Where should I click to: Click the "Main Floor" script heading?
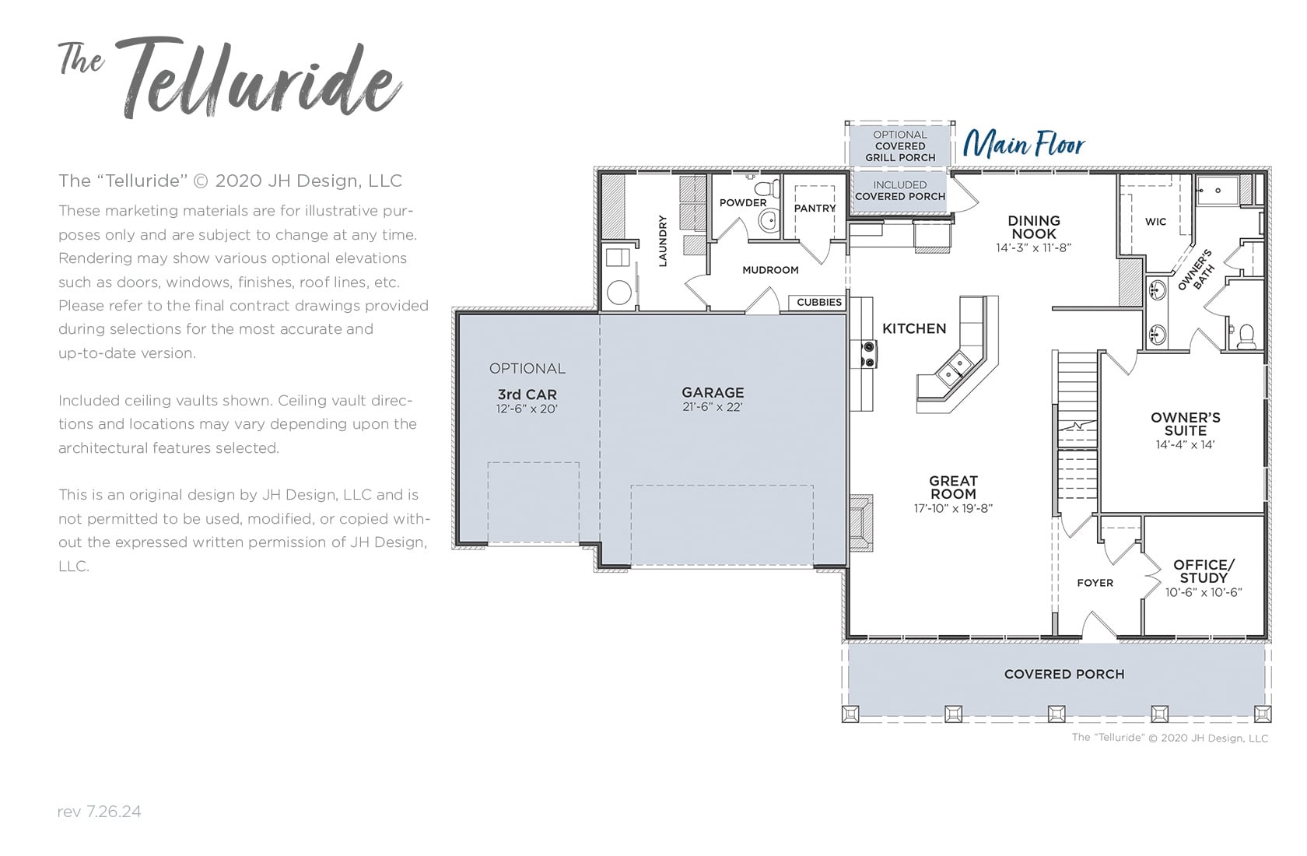[x=1024, y=143]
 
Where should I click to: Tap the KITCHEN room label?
[x=914, y=328]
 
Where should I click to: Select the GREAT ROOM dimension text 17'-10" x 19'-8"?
[x=954, y=508]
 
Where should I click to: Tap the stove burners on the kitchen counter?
[x=868, y=354]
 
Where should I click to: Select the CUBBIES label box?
[x=819, y=302]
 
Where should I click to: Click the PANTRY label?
[x=815, y=209]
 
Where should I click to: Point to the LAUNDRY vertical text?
[x=662, y=241]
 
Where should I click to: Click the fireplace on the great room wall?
[x=860, y=523]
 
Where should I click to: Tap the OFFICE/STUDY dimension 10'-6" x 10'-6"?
[x=1204, y=592]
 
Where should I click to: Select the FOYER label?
[x=1095, y=582]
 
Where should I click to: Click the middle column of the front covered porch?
[x=1056, y=713]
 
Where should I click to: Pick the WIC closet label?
[x=1155, y=222]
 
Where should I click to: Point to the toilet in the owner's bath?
[x=1246, y=337]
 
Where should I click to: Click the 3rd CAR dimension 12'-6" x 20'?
[x=527, y=409]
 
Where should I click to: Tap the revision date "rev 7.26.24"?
[x=100, y=812]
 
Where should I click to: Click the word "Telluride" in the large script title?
[x=260, y=79]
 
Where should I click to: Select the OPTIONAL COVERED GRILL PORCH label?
[x=899, y=146]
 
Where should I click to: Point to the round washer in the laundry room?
[x=619, y=293]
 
